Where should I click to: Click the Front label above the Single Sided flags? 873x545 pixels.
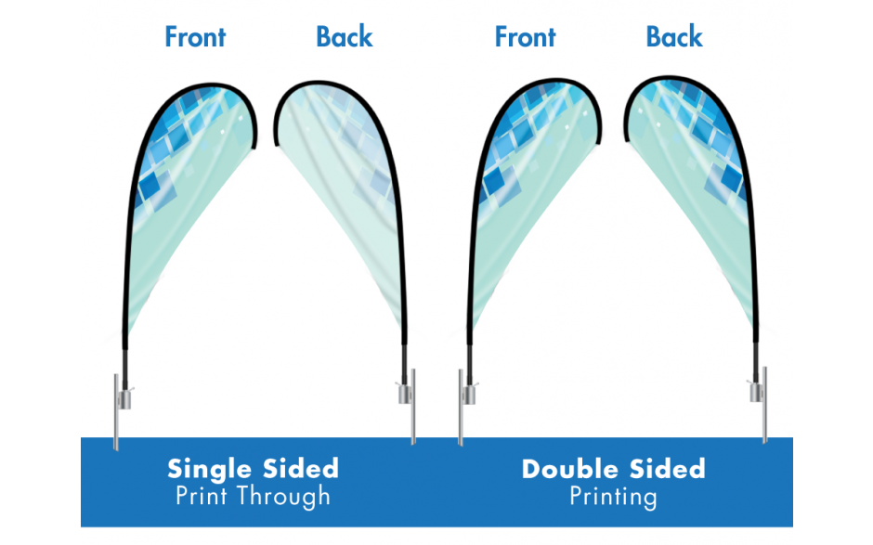(195, 37)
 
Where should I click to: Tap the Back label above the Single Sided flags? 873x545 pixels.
(344, 37)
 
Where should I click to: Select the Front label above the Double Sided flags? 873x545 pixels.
(525, 37)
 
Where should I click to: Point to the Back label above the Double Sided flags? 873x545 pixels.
(674, 37)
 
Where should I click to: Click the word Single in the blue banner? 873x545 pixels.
(205, 467)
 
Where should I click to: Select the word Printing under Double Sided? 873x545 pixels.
(613, 497)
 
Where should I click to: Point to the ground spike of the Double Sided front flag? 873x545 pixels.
(460, 409)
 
